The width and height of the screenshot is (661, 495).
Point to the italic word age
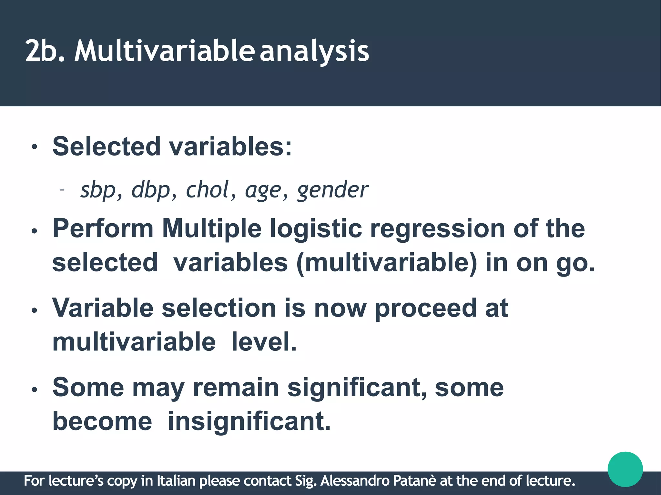(x=263, y=190)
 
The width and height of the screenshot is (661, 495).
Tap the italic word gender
(x=332, y=190)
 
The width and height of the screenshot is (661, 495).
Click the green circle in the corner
(x=625, y=469)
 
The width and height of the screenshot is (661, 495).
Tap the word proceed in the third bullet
(x=425, y=308)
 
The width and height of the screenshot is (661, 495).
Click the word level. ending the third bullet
(x=264, y=342)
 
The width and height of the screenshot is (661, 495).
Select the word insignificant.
(x=249, y=421)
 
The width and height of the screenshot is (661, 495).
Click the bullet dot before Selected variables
(x=35, y=148)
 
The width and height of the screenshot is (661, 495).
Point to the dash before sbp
(x=62, y=190)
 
